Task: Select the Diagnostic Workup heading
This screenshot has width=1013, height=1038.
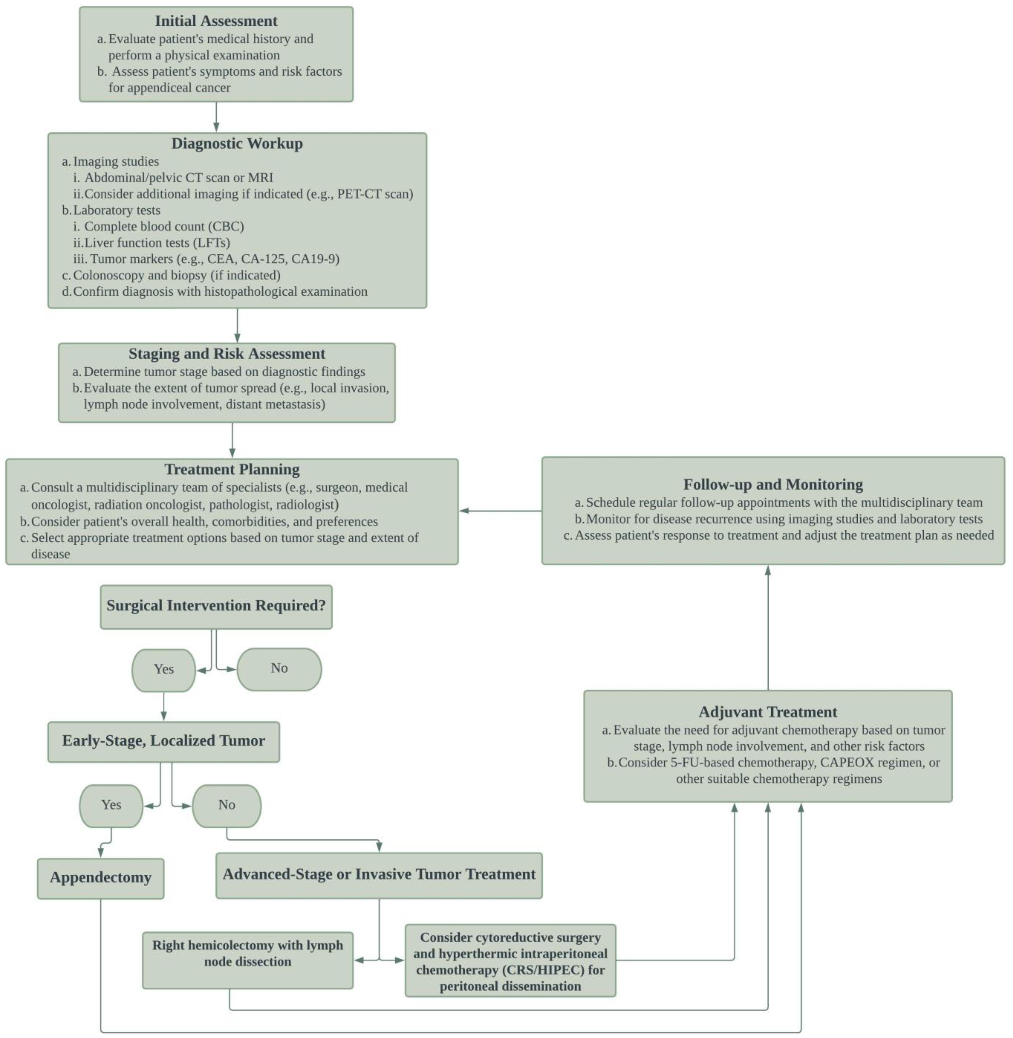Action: pyautogui.click(x=237, y=144)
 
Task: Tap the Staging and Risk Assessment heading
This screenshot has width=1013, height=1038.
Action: pyautogui.click(x=227, y=354)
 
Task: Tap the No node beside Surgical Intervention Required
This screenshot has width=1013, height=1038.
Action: pyautogui.click(x=279, y=669)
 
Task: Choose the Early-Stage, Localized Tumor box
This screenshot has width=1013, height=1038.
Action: pyautogui.click(x=163, y=741)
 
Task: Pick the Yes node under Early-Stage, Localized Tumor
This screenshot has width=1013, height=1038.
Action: pyautogui.click(x=111, y=805)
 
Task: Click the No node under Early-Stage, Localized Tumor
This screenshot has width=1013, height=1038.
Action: pyautogui.click(x=227, y=805)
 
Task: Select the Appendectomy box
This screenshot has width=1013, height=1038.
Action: pyautogui.click(x=100, y=878)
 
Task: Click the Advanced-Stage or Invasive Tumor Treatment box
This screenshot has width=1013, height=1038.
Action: pyautogui.click(x=379, y=875)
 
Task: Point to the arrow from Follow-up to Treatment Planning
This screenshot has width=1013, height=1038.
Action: pyautogui.click(x=500, y=511)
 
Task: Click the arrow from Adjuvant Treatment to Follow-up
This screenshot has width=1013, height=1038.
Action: pyautogui.click(x=768, y=628)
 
